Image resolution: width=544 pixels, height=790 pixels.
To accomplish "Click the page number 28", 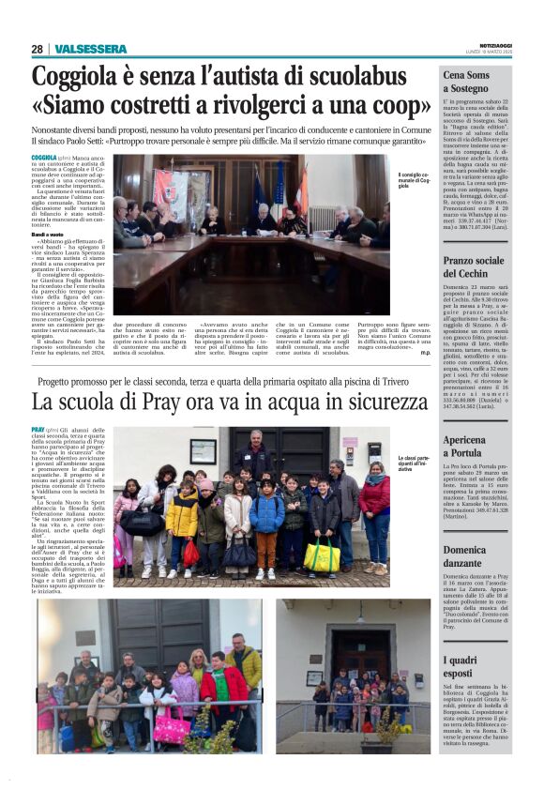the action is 37,49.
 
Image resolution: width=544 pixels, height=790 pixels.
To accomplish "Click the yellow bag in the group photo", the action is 322,557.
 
